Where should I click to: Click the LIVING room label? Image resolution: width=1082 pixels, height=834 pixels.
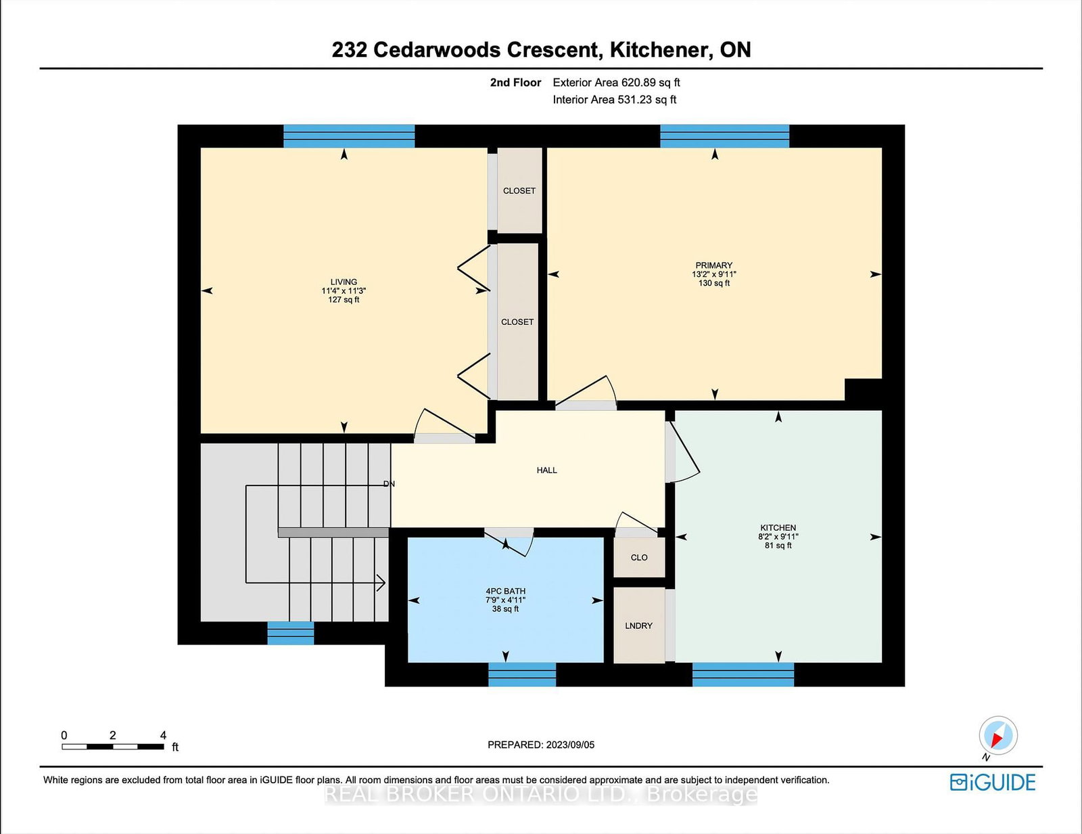tap(344, 282)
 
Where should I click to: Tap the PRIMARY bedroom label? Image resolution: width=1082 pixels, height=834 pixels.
tap(713, 265)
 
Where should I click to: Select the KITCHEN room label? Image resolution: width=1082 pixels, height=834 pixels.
tap(778, 527)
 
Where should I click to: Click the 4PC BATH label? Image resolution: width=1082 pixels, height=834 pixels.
tap(505, 591)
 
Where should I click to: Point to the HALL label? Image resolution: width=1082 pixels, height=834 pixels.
tap(546, 470)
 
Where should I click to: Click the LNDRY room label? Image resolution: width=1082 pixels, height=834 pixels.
tap(638, 625)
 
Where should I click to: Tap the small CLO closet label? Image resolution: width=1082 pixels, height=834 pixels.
tap(638, 557)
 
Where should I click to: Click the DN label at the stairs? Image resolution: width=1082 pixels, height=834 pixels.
tap(389, 483)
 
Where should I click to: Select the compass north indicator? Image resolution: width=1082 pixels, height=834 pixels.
tap(998, 735)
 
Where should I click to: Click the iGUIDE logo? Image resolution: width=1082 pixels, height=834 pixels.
tap(992, 783)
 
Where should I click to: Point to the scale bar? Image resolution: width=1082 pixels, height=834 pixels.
tap(113, 747)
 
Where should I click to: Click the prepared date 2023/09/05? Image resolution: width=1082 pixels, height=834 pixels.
tap(541, 745)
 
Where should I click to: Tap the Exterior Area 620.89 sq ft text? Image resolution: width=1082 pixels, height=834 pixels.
tap(616, 83)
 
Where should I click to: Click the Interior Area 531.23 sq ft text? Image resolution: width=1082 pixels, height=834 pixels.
tap(614, 100)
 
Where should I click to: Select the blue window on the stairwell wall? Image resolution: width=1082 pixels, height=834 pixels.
tap(290, 633)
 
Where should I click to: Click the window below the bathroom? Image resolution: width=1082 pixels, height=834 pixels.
tap(521, 674)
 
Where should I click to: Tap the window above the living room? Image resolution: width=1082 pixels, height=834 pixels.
tap(348, 135)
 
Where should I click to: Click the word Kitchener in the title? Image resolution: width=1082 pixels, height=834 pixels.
tap(659, 49)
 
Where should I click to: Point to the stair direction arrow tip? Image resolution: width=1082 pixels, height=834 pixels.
tap(384, 582)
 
